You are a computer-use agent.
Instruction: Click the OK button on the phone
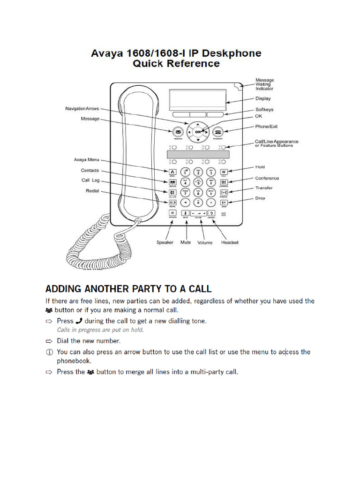[198, 132]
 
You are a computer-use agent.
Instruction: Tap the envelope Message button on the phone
[178, 132]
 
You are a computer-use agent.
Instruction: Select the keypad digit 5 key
[198, 182]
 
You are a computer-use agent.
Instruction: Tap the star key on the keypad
[185, 202]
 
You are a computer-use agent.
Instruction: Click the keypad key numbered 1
[185, 172]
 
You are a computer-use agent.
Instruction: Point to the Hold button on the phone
[224, 172]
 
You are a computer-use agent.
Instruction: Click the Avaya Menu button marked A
[172, 172]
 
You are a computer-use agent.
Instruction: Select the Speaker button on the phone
[172, 213]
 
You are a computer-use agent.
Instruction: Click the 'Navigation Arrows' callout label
[82, 109]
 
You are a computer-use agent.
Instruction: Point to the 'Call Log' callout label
[90, 180]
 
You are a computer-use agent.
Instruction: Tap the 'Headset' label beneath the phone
[230, 242]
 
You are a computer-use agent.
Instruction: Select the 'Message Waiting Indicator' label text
[264, 84]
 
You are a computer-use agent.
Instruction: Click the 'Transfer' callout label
[264, 188]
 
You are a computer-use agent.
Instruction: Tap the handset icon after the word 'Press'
[79, 321]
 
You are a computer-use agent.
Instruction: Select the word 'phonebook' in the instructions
[74, 361]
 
